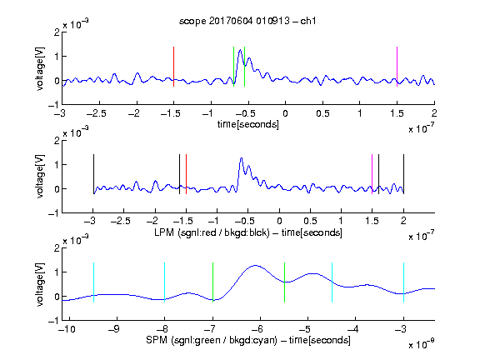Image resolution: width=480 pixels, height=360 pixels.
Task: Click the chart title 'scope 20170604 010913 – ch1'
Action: coord(247,21)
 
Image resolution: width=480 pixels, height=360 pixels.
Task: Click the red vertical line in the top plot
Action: coord(173,67)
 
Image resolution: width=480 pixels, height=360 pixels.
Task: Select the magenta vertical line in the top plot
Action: coord(397,67)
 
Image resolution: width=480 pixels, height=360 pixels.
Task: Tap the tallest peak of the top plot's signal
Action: coord(241,50)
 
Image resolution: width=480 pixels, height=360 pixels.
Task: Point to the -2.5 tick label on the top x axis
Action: coord(96,113)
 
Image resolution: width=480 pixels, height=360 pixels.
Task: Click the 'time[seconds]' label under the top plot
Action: coord(248,124)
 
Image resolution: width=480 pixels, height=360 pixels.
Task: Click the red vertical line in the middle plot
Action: coord(186,174)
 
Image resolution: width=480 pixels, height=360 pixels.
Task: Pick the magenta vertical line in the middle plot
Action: coord(372,174)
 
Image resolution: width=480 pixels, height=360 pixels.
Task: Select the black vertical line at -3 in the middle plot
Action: coord(93,174)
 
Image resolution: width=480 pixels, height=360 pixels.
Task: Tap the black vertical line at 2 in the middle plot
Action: coord(403,174)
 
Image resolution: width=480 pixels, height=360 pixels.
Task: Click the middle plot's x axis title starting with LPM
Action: coord(248,232)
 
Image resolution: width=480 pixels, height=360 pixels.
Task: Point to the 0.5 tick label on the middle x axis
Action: coord(310,221)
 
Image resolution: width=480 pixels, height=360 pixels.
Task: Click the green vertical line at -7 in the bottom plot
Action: coord(212,282)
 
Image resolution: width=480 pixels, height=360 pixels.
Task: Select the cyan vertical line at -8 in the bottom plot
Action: coord(165,282)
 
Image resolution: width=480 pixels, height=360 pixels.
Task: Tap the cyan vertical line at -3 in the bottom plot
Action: coord(403,282)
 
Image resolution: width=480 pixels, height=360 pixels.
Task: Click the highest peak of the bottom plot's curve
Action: coord(255,266)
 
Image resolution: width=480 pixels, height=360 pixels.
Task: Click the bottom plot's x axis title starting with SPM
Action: coord(248,340)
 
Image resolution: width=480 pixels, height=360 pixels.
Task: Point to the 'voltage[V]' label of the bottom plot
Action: coord(40,284)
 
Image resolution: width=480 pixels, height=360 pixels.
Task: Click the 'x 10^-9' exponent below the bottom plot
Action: coord(421,344)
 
